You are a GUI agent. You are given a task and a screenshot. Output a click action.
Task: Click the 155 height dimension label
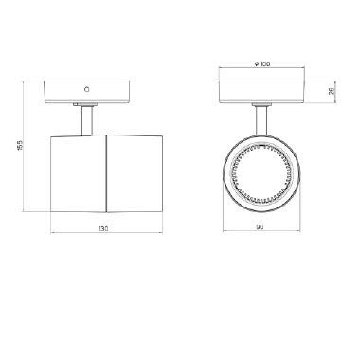pos(19,152)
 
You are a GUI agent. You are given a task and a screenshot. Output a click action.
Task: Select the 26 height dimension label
pos(332,92)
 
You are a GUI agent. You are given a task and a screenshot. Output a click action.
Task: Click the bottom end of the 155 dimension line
pos(26,216)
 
